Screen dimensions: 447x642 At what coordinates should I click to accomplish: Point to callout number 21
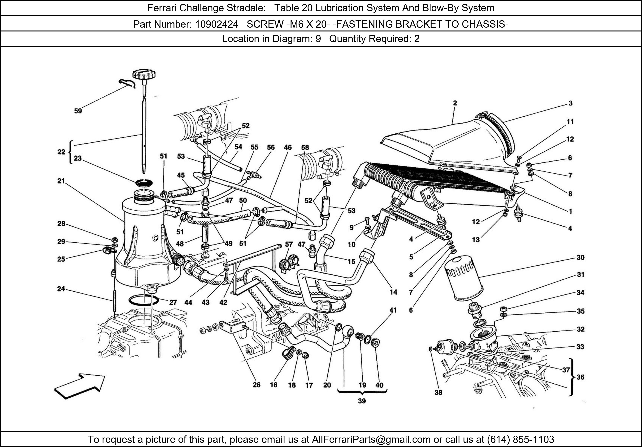point(61,181)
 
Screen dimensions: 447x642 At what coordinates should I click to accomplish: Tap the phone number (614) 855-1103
point(521,439)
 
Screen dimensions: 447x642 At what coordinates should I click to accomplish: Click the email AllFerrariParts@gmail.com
point(371,439)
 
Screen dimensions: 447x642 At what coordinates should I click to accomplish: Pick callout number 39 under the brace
point(362,401)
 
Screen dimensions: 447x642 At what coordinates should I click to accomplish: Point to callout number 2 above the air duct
point(455,103)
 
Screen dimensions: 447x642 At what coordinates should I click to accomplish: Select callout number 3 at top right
point(570,103)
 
